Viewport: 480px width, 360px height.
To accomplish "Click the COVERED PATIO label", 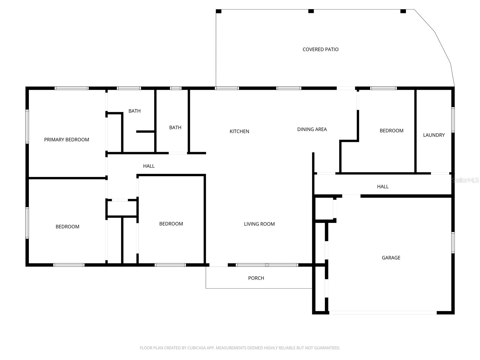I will [320, 49].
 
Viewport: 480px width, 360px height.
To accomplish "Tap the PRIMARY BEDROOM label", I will [67, 139].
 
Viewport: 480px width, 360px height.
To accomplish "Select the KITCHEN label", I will [239, 131].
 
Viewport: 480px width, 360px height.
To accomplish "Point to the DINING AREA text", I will [312, 129].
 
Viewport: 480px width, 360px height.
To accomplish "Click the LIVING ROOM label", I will [259, 224].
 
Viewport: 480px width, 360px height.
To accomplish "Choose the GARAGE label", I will [391, 258].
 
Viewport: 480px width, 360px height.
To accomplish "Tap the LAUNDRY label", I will [434, 135].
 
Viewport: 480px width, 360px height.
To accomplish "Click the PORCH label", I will [256, 278].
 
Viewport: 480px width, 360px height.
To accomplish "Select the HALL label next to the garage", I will [383, 187].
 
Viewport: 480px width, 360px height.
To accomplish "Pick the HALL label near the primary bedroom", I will [149, 166].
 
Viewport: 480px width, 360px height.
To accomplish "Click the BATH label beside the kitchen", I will [175, 127].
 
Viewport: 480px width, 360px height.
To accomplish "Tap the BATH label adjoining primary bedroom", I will [134, 111].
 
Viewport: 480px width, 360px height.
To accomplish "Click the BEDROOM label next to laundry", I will [391, 130].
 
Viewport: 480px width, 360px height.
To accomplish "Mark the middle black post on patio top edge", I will [311, 11].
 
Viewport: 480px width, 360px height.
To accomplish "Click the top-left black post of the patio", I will [219, 11].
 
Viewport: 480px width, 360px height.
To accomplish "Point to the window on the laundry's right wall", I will [453, 120].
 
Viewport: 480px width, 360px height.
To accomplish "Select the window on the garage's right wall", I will [453, 242].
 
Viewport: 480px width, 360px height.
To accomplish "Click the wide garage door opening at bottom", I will [383, 313].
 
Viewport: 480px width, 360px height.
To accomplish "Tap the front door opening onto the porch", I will [218, 265].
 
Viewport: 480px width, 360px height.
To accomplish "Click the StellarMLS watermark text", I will [465, 180].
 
